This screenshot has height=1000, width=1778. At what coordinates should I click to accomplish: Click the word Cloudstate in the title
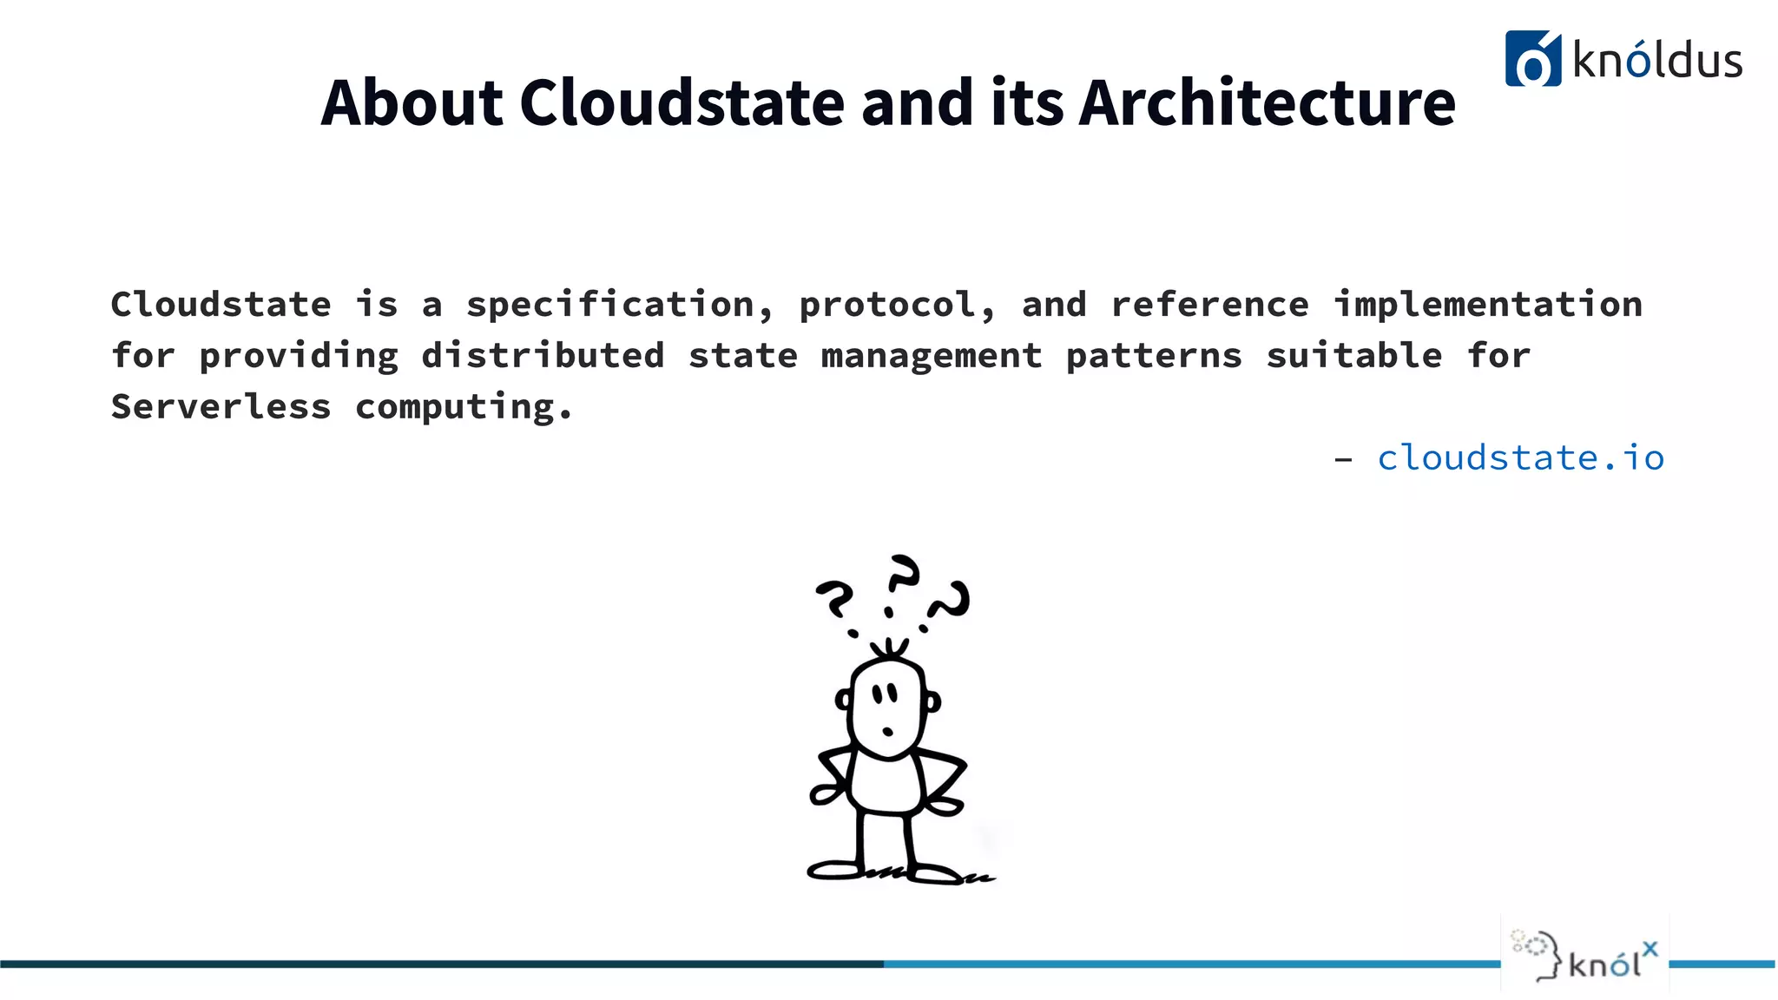682,102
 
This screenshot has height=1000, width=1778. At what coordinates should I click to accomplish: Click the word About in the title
412,102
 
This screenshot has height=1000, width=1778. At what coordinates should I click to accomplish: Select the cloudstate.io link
1520,457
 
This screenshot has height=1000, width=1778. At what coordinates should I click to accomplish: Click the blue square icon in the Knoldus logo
1532,59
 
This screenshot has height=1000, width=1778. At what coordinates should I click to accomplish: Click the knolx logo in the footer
1585,956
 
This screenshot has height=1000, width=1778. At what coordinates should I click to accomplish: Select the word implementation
1487,305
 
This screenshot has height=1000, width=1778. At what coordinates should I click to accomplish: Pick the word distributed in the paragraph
543,356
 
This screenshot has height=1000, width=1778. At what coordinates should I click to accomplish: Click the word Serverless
221,406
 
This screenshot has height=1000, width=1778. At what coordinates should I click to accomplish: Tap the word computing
464,407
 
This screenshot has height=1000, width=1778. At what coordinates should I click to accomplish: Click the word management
931,356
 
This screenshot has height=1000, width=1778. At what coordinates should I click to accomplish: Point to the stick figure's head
887,707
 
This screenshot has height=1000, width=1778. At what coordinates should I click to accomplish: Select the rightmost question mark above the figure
951,602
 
